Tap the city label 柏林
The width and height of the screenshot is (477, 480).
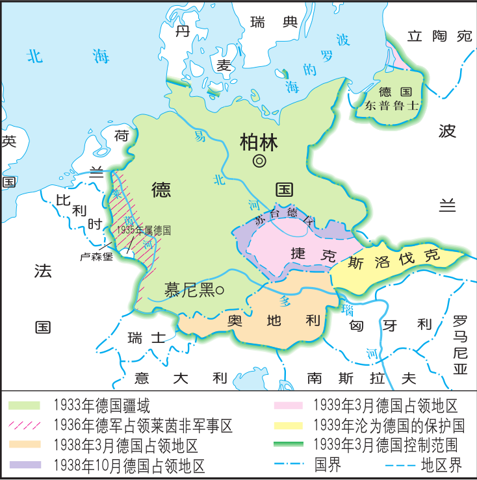(259, 141)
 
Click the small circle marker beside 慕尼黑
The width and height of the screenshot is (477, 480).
(220, 290)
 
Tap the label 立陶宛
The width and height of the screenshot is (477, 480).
(439, 37)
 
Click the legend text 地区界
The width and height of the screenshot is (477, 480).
(440, 465)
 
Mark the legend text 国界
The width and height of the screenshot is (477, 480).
(328, 465)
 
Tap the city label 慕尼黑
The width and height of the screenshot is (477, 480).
(189, 290)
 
